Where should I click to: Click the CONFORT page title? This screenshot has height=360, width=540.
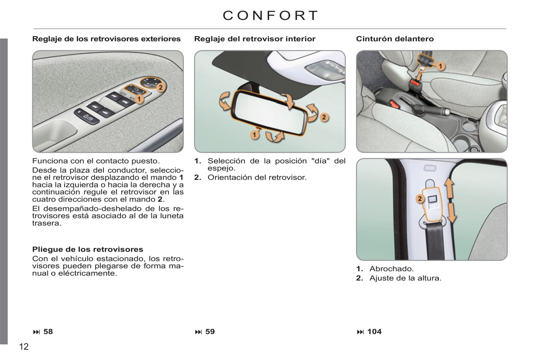[270, 15]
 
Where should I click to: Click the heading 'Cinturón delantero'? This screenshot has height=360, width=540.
[395, 39]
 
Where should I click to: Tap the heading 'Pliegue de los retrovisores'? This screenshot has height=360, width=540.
[88, 249]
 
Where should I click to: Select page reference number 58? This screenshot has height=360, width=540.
[48, 332]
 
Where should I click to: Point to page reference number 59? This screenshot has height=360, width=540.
[210, 332]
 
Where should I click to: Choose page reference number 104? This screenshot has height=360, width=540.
[374, 332]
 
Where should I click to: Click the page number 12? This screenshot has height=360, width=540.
[24, 347]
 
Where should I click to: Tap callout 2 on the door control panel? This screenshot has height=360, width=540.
[161, 87]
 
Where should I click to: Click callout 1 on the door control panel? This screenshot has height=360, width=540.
[139, 99]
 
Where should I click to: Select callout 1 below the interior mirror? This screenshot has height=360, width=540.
[254, 135]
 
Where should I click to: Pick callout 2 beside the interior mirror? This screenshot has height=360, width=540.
[324, 117]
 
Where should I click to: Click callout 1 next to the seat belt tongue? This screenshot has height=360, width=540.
[441, 66]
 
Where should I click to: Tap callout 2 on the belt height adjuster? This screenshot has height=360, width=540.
[420, 199]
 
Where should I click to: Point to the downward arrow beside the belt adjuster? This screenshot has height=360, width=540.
[451, 213]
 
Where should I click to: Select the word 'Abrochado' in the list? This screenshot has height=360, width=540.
[391, 269]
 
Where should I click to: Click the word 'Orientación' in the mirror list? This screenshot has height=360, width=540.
[230, 177]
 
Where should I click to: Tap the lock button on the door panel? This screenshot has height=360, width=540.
[87, 117]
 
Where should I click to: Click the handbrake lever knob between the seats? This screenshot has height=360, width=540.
[447, 112]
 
